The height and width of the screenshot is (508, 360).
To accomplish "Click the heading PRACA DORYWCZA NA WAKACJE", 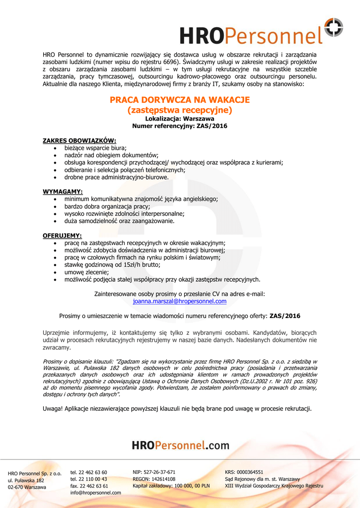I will click(180, 100).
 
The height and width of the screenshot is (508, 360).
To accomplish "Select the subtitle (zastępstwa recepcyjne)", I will click(180, 110).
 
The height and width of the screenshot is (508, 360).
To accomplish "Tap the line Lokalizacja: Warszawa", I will click(180, 119).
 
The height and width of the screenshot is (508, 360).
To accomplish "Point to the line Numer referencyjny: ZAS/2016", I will click(180, 127).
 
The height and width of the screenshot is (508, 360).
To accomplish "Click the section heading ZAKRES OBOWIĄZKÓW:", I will click(79, 141).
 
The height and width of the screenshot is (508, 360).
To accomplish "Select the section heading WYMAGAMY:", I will click(63, 191).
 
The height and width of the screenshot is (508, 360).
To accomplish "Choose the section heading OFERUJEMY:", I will click(63, 236).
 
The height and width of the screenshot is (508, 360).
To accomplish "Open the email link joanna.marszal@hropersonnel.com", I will click(180, 301).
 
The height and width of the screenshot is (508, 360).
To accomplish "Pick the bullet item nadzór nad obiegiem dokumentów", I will click(111, 155).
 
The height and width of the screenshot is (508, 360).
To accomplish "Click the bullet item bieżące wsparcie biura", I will click(95, 148).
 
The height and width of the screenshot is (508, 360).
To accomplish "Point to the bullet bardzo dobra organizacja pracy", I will click(107, 206).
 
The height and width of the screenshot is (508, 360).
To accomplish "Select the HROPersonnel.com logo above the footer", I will click(181, 445).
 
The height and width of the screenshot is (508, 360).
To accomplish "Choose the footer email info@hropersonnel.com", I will click(96, 493).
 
